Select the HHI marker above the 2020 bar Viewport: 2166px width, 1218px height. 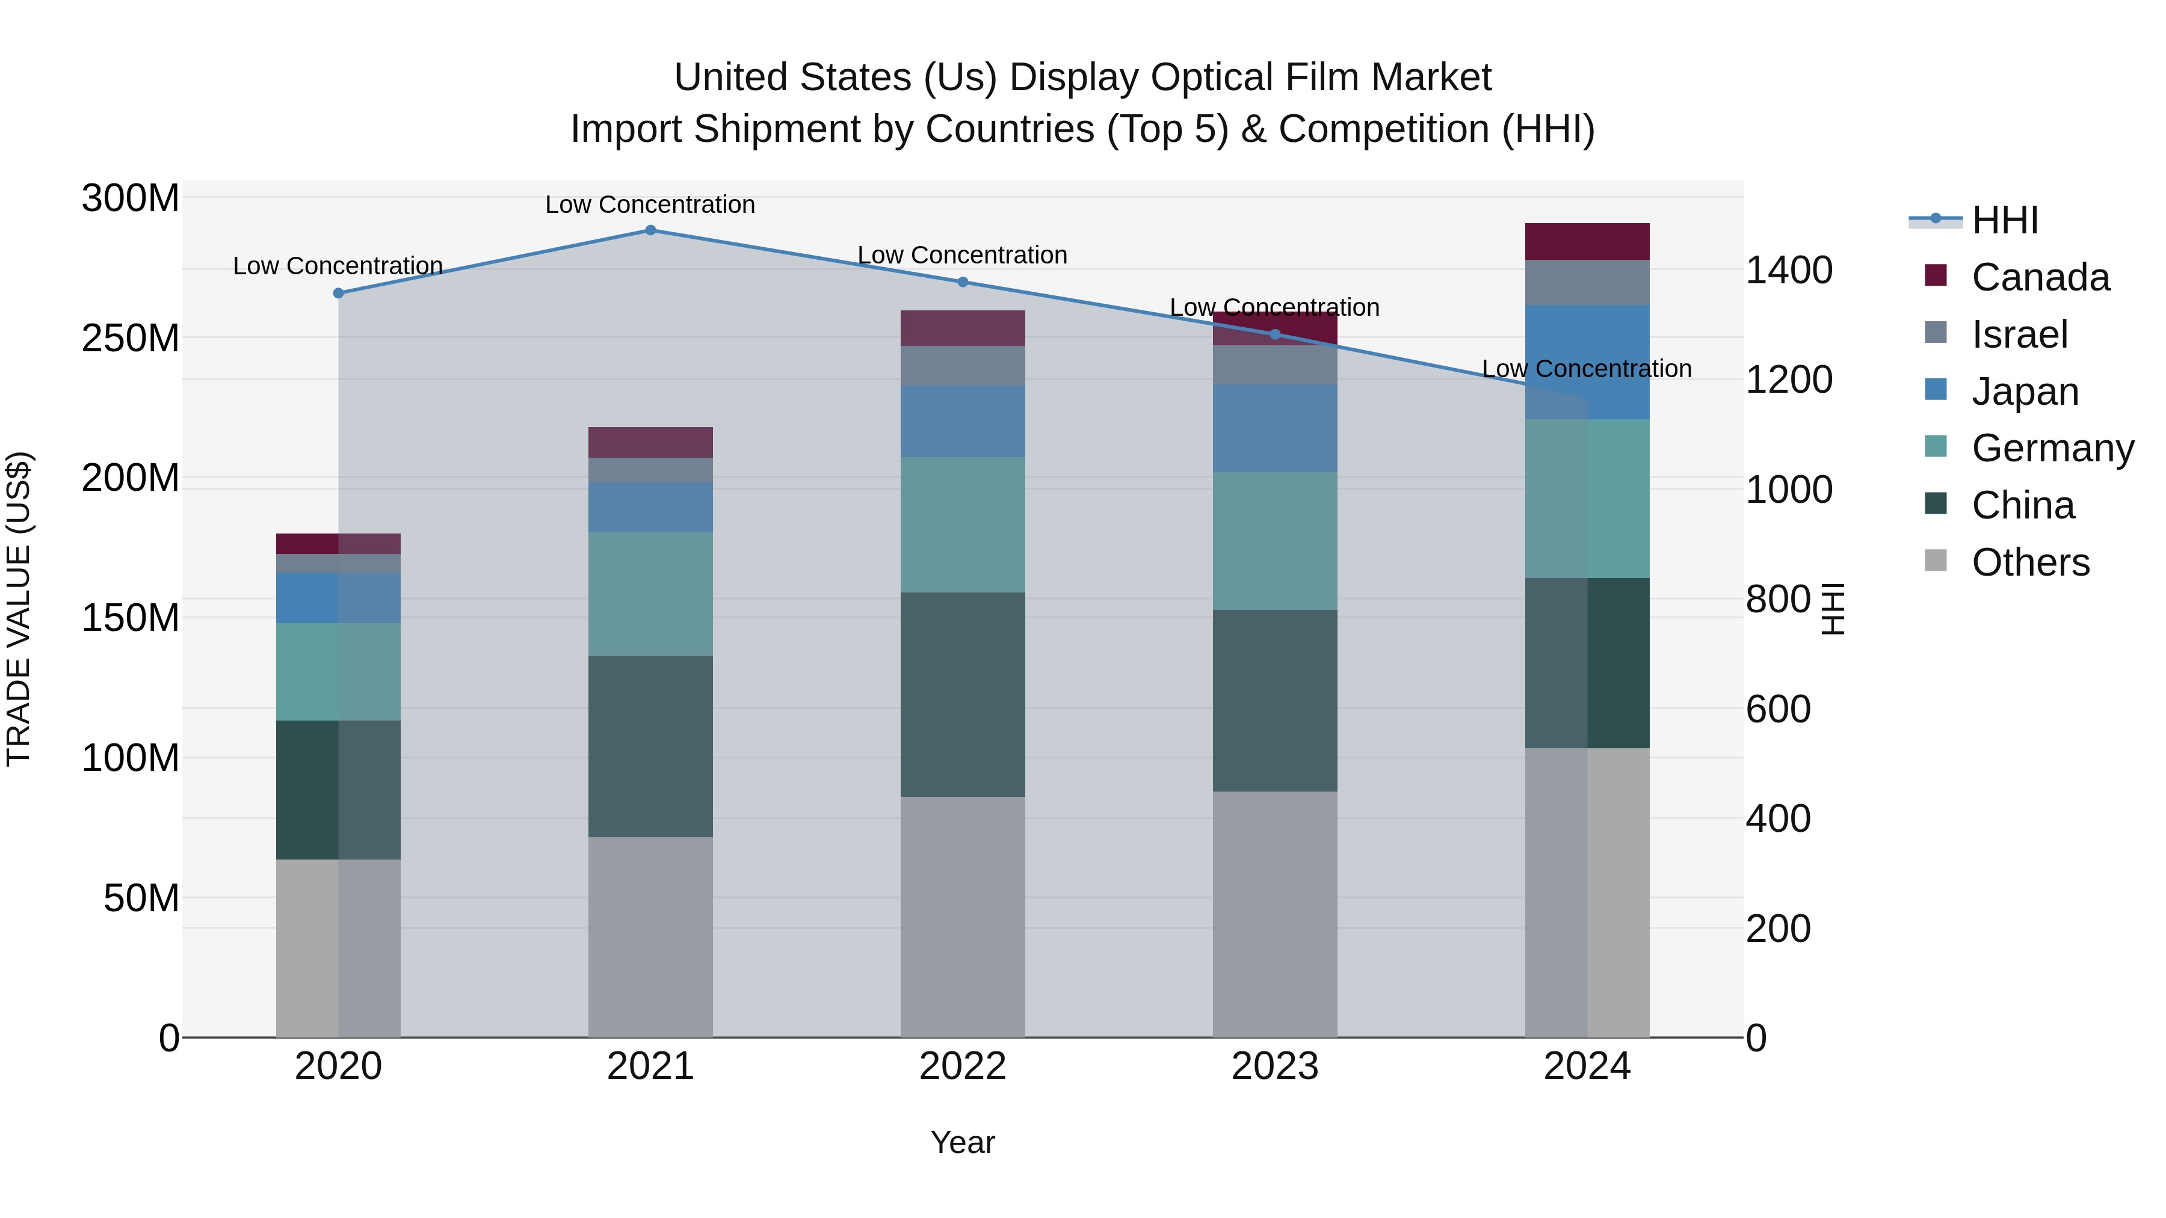338,294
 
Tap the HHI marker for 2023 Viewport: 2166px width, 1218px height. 1275,334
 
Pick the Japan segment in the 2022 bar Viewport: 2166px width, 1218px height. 963,421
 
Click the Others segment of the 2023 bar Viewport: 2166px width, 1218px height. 1275,914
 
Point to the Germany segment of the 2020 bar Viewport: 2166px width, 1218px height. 338,672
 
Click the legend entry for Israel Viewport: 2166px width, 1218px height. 2019,334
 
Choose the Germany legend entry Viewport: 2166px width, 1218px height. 2052,448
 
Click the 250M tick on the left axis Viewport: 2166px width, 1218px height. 131,338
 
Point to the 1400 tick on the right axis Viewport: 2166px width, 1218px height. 1789,270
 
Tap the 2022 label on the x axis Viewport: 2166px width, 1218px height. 963,1066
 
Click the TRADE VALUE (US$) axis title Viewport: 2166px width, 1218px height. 19,609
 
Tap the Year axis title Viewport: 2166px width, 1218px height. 963,1142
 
